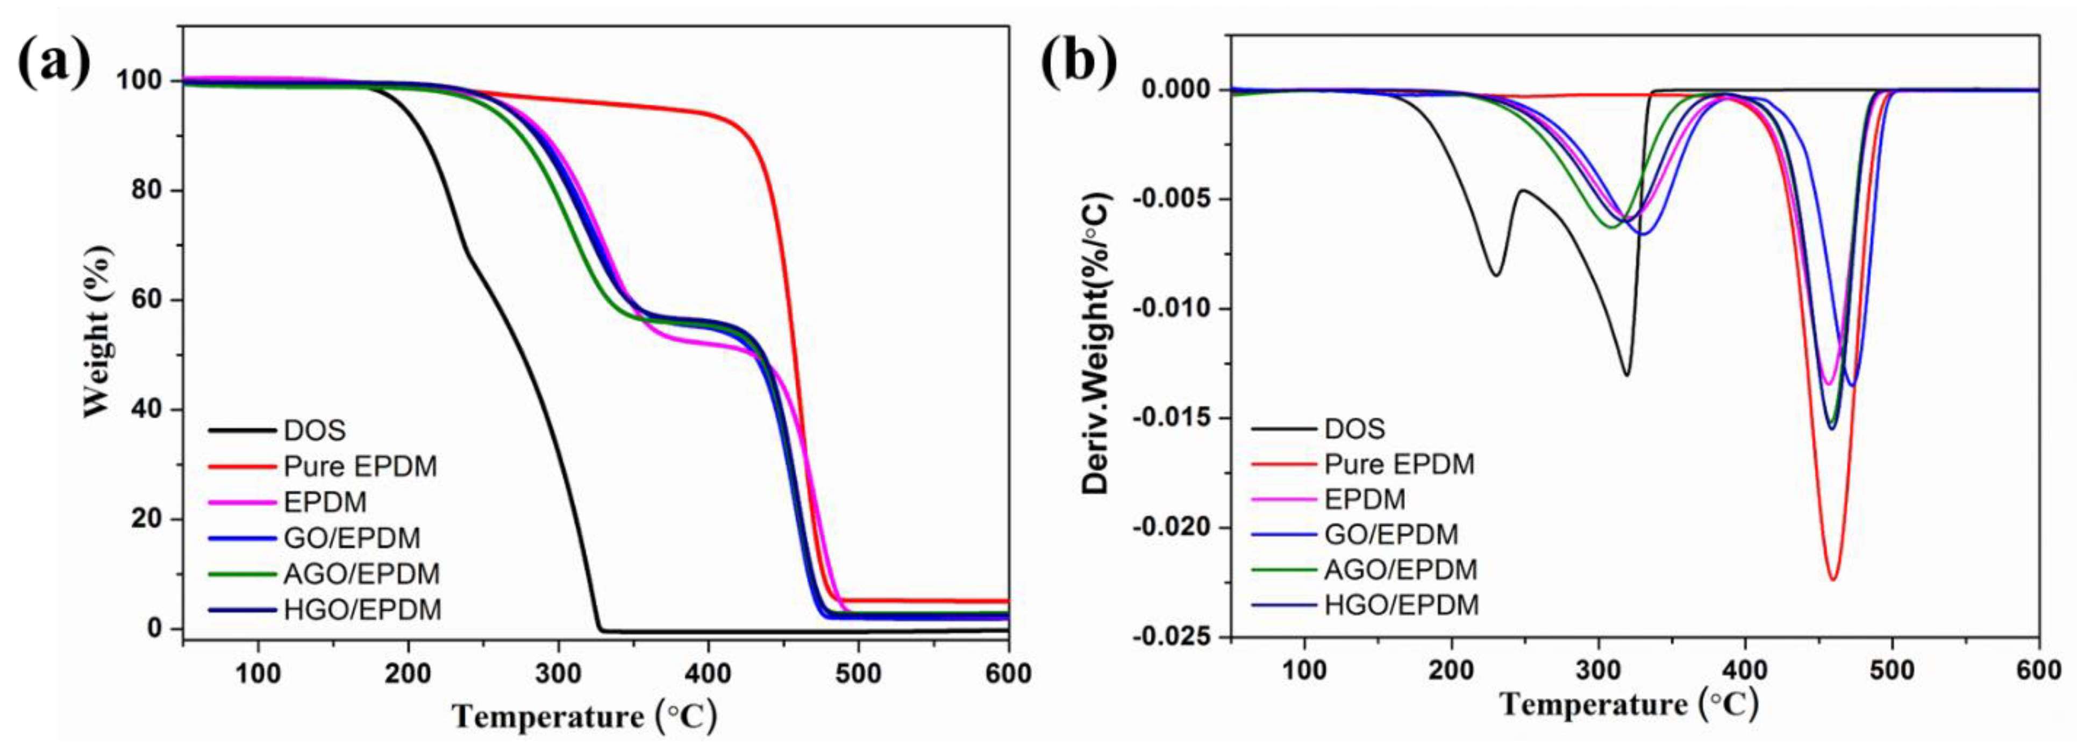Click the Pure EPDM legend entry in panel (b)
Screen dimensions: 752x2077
pos(1399,464)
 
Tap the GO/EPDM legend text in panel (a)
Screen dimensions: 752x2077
pos(352,538)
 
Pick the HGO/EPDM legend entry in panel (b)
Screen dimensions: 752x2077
pos(1401,605)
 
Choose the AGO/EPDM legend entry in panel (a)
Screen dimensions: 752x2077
pos(361,573)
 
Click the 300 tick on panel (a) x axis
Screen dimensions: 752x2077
pos(558,673)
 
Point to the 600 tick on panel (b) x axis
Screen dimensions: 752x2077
pos(2038,670)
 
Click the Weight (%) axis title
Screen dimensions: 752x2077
pos(98,331)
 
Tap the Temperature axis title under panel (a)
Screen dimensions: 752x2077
pos(584,715)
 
